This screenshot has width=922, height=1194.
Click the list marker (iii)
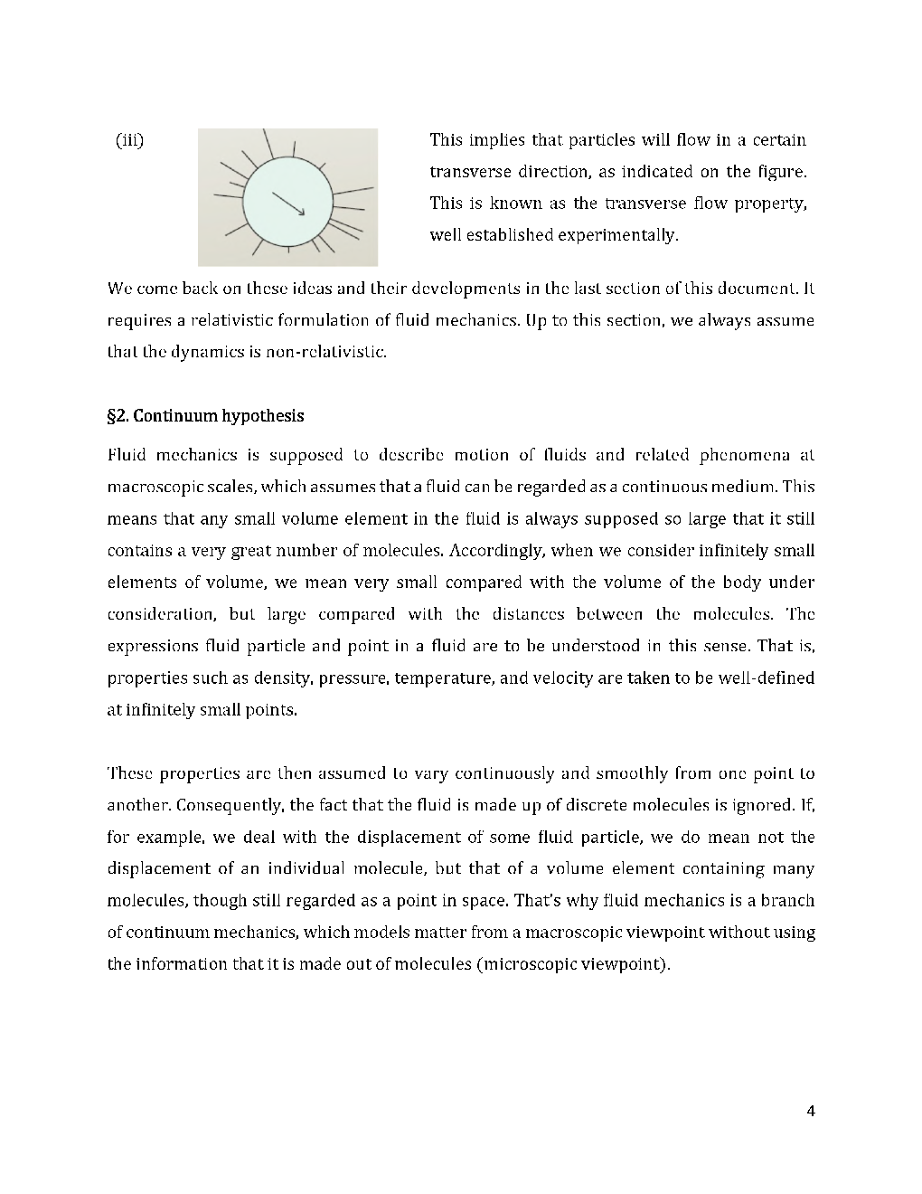tap(130, 140)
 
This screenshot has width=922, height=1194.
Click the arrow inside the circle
tap(288, 204)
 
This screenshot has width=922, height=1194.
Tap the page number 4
tap(810, 1112)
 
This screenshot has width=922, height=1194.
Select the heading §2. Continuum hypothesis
tap(205, 416)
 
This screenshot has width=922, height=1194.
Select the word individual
tap(303, 869)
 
